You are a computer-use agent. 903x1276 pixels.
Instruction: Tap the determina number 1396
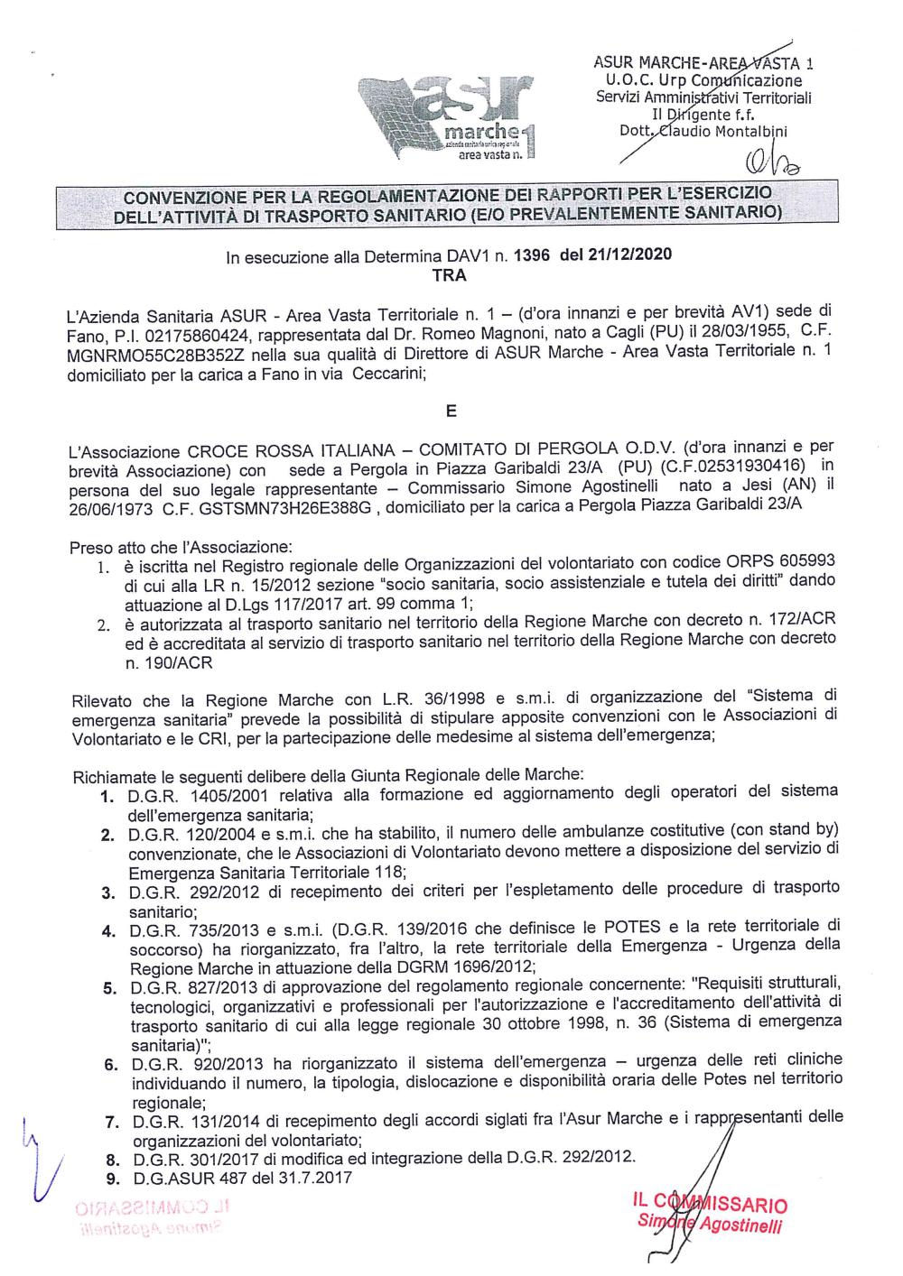point(531,255)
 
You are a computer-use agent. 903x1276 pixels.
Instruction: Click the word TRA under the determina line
point(449,276)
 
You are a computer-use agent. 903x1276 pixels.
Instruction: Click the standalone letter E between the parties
point(451,411)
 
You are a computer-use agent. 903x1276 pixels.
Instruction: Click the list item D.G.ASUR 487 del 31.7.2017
point(242,1179)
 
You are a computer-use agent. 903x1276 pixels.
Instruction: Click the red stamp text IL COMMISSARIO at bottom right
point(709,1203)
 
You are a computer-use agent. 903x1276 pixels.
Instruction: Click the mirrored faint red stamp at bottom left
point(153,1216)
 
